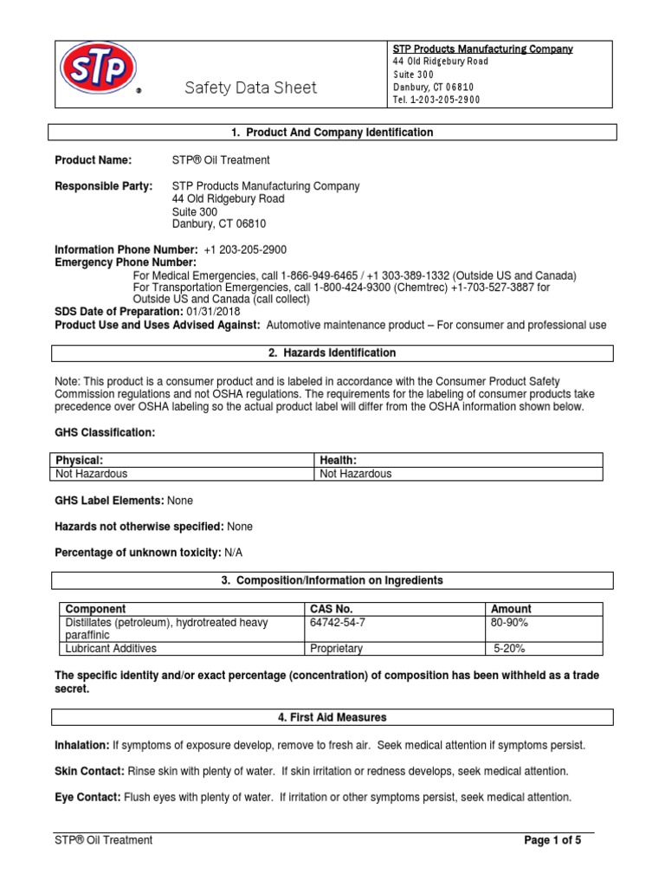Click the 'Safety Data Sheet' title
click(x=250, y=87)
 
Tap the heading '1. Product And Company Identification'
click(x=332, y=133)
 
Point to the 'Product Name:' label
click(x=94, y=160)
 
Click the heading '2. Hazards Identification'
click(x=332, y=353)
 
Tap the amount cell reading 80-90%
click(x=510, y=623)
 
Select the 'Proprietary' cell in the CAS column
click(x=336, y=649)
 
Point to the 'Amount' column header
click(x=511, y=609)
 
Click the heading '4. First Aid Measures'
click(x=332, y=718)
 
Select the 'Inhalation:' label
click(x=81, y=745)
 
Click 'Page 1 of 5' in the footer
click(x=553, y=840)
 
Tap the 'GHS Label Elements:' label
click(x=109, y=501)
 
